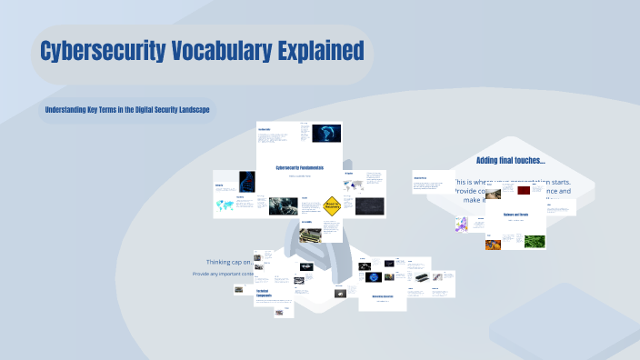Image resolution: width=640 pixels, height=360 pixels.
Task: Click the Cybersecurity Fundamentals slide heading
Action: point(299,167)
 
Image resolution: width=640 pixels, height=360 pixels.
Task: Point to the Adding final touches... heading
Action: point(510,160)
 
